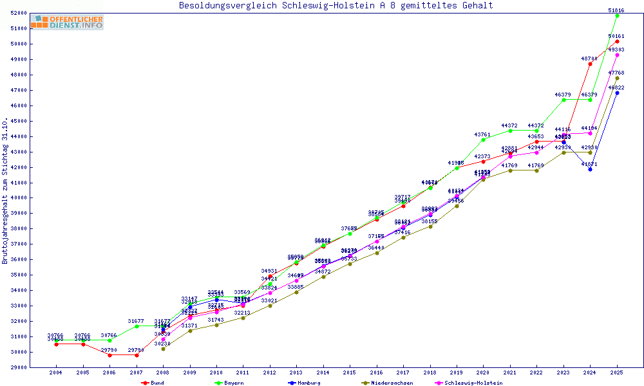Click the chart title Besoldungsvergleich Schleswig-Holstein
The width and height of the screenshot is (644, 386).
pyautogui.click(x=336, y=5)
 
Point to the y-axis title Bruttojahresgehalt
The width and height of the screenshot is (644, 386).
pyautogui.click(x=6, y=190)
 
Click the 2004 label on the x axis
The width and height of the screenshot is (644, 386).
pyautogui.click(x=56, y=373)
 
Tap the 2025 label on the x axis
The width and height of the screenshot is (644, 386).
pyautogui.click(x=617, y=373)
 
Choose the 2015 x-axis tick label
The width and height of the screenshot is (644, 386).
pyautogui.click(x=350, y=373)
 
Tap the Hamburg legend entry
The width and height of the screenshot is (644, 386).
pyautogui.click(x=307, y=383)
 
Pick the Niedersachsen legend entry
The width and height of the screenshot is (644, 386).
pyautogui.click(x=387, y=383)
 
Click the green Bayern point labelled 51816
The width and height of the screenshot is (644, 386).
pyautogui.click(x=617, y=15)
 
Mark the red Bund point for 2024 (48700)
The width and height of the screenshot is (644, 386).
pyautogui.click(x=590, y=64)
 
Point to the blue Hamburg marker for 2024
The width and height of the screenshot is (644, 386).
pyautogui.click(x=590, y=169)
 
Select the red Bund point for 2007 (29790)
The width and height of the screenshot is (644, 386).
pyautogui.click(x=137, y=355)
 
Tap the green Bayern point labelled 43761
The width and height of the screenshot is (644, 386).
pyautogui.click(x=483, y=140)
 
